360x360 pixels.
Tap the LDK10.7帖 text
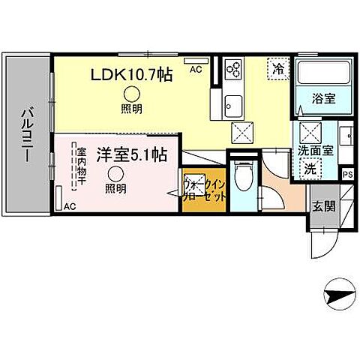point(133,75)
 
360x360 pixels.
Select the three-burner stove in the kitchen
point(233,72)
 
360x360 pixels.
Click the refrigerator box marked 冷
point(276,68)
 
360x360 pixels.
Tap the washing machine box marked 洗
point(310,170)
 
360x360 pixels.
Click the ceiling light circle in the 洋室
point(115,173)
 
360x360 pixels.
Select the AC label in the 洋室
point(70,205)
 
